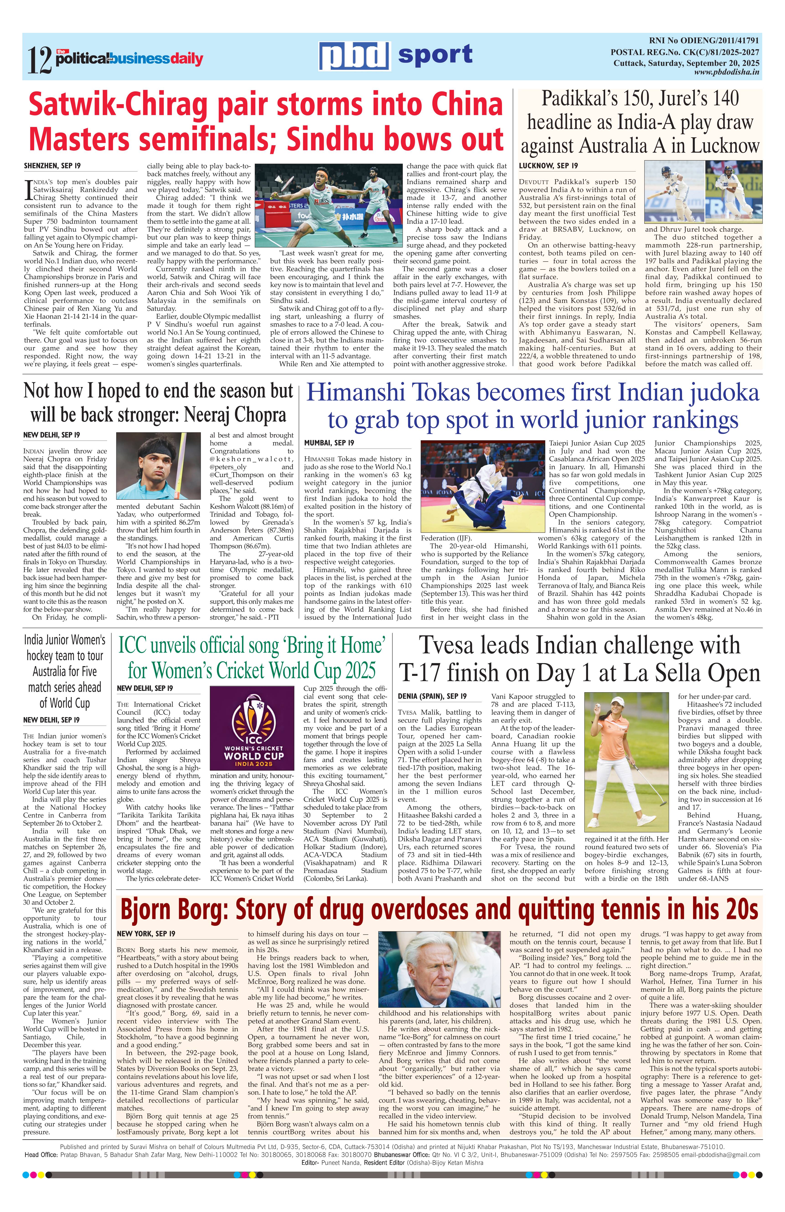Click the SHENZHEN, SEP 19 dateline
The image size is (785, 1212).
coord(52,166)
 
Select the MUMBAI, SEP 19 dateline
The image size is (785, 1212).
coord(329,443)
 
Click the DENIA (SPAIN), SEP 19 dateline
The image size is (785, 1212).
coord(432,696)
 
